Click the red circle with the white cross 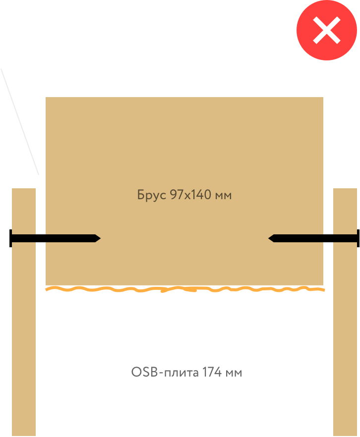click(327, 30)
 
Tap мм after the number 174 click(235, 373)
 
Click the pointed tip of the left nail click(100, 238)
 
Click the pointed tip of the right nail click(269, 238)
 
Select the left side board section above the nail click(23, 211)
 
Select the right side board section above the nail click(345, 211)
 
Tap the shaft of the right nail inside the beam click(298, 238)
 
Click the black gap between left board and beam click(41, 263)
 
